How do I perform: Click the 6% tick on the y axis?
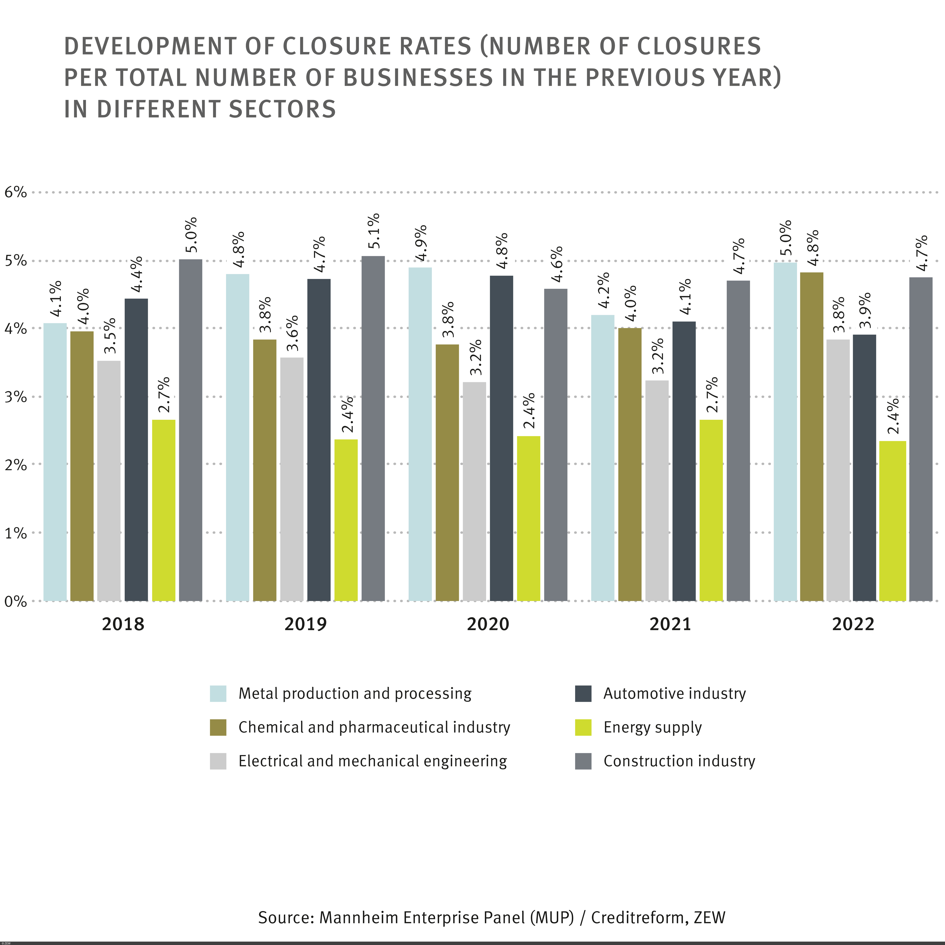click(x=16, y=192)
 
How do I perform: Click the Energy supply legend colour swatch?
click(x=583, y=727)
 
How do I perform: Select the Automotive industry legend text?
click(x=675, y=694)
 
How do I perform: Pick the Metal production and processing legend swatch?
click(x=218, y=694)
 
